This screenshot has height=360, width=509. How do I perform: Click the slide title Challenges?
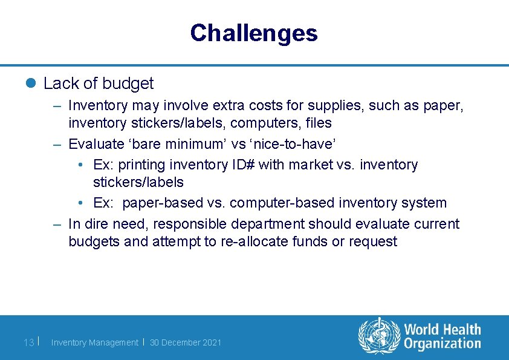253,33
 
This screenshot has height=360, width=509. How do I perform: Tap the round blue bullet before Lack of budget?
31,83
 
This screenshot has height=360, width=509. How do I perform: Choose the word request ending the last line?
374,241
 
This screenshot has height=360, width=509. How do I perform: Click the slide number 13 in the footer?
28,342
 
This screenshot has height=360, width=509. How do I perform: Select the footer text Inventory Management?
94,342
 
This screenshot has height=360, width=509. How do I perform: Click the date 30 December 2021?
186,342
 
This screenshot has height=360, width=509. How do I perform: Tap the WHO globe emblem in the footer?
379,336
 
